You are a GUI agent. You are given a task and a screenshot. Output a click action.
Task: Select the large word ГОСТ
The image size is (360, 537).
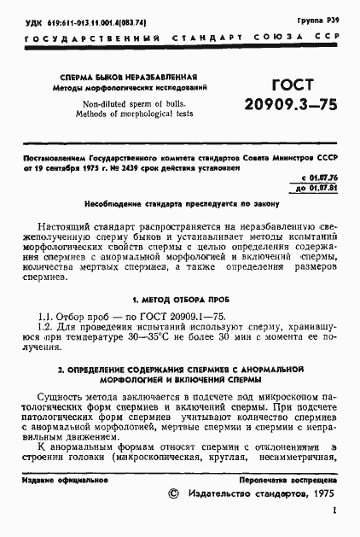pyautogui.click(x=291, y=85)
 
